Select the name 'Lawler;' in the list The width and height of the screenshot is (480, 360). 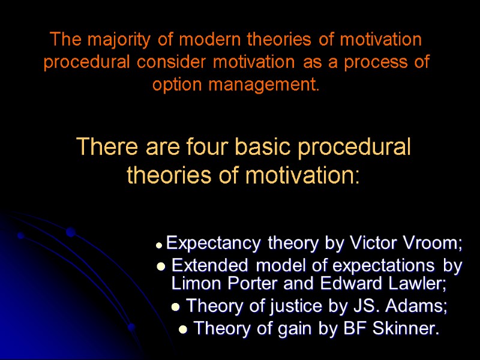click(423, 283)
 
